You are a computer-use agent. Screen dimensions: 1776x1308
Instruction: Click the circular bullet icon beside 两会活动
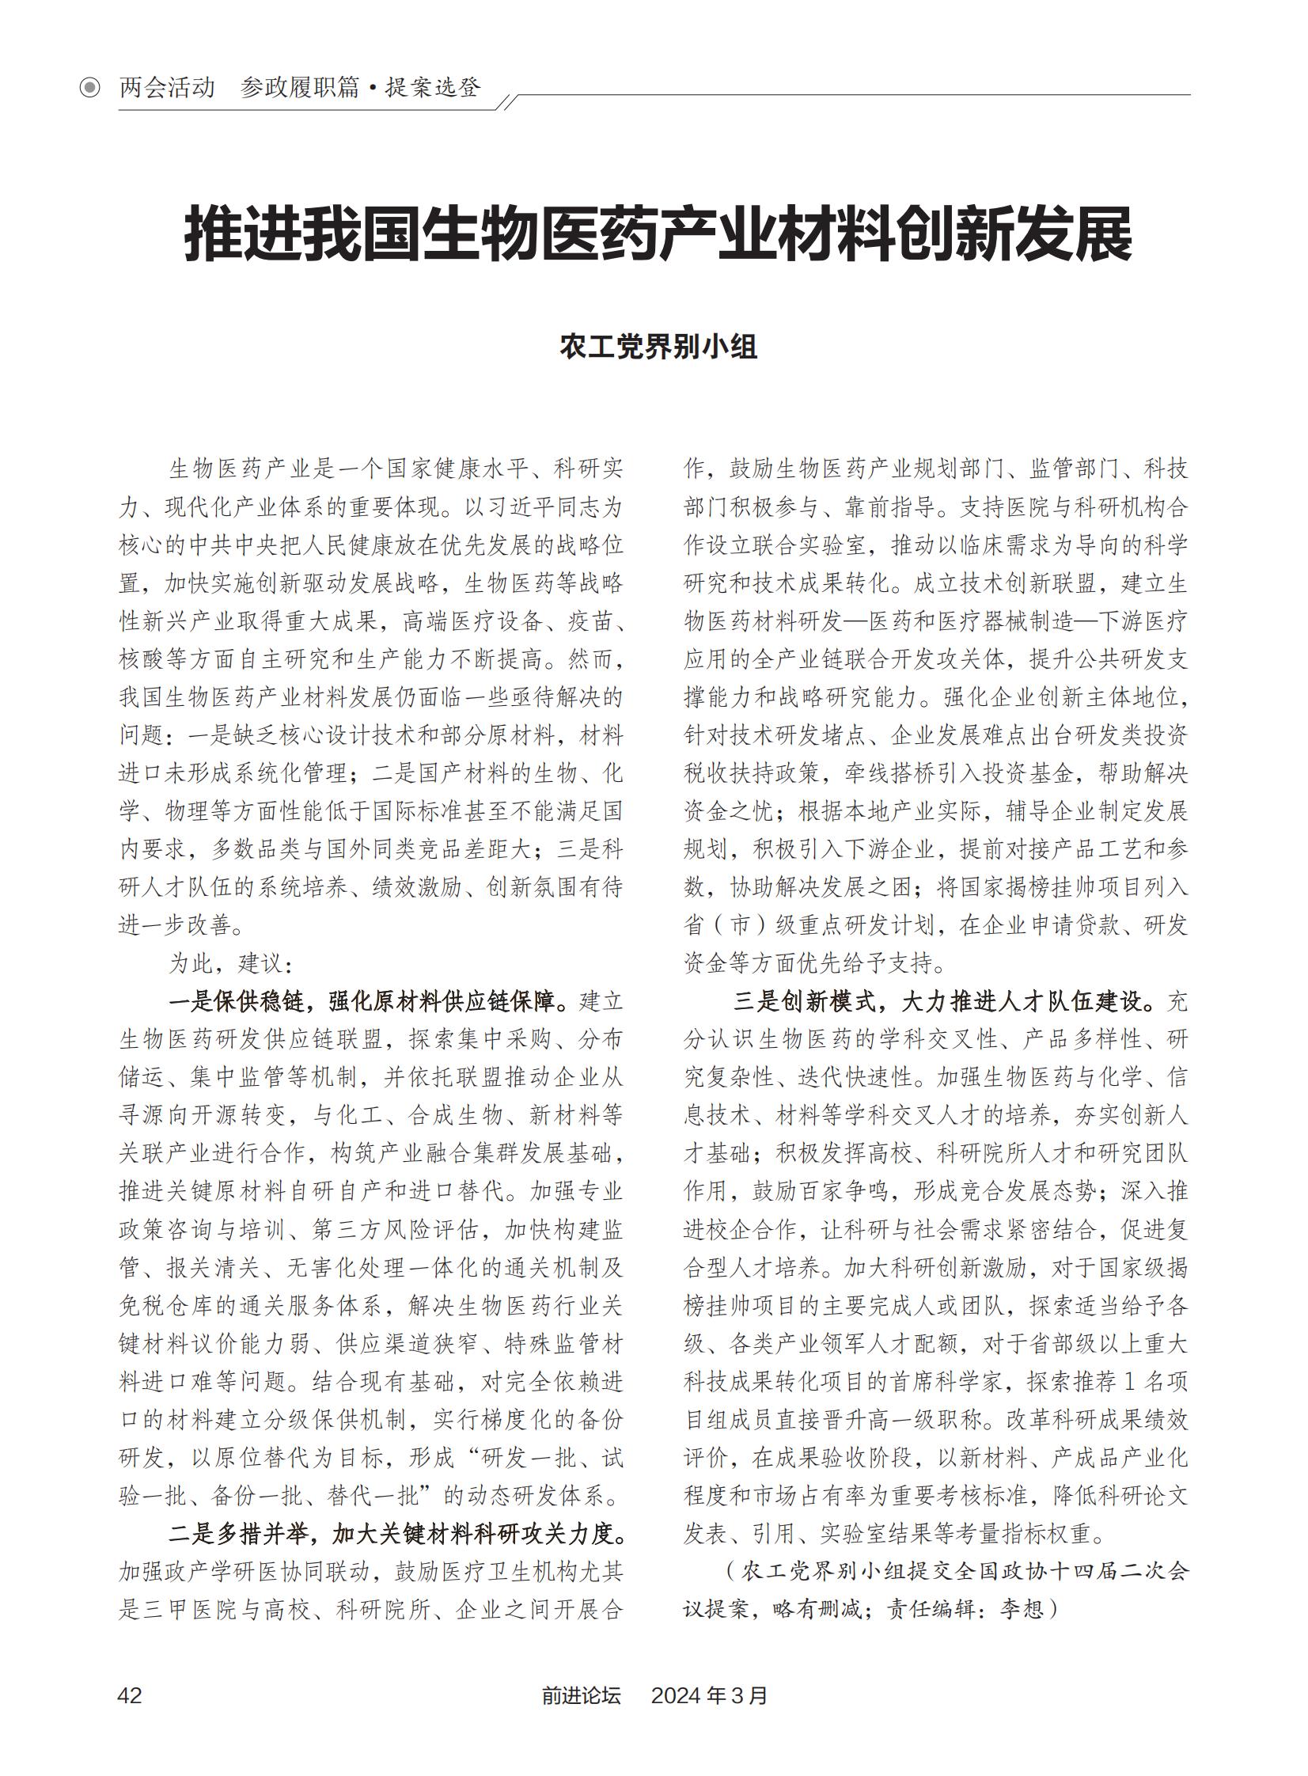[90, 87]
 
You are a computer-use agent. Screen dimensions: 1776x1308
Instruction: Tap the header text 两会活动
[167, 87]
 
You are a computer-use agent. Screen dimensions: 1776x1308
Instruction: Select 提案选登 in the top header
[433, 87]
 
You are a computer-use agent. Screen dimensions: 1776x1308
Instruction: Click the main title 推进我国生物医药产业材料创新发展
[658, 234]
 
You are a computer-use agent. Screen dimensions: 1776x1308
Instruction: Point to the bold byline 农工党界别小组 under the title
[658, 347]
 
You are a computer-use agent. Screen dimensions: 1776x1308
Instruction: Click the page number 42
[130, 1694]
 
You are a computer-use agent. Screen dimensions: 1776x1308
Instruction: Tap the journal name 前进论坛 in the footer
[581, 1694]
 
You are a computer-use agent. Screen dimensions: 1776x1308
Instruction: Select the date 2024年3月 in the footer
[709, 1694]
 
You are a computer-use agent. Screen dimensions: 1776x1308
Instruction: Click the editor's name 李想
[1022, 1610]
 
